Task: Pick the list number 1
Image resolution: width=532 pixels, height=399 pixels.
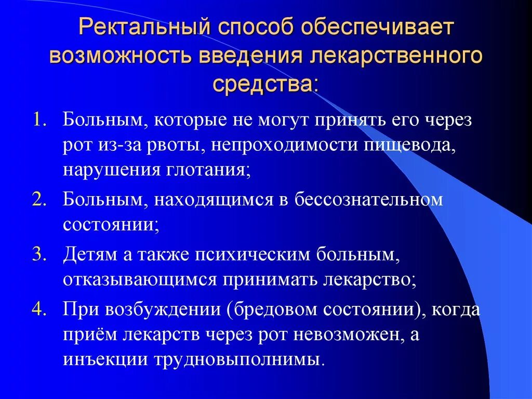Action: click(x=40, y=121)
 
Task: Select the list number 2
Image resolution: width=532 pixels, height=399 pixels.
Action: click(x=40, y=199)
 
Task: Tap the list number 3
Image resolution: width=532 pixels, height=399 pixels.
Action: click(x=40, y=254)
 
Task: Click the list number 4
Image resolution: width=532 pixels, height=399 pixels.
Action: click(x=40, y=310)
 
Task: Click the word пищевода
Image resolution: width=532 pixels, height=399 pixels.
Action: click(x=410, y=146)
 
